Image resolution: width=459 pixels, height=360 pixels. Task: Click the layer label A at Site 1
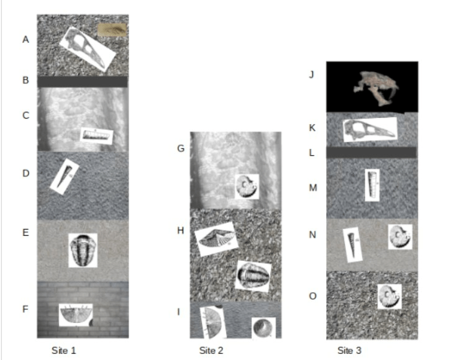pyautogui.click(x=25, y=40)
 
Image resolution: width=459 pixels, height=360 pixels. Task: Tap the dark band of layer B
pyautogui.click(x=83, y=81)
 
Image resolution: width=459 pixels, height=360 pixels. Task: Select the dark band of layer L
pyautogui.click(x=371, y=153)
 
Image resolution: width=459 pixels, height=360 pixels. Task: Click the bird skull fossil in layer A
pyautogui.click(x=88, y=49)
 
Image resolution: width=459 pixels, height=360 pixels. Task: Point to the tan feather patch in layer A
pyautogui.click(x=112, y=30)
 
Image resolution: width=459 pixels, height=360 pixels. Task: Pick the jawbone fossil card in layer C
pyautogui.click(x=97, y=136)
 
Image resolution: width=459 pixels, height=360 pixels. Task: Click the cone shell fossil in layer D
pyautogui.click(x=65, y=177)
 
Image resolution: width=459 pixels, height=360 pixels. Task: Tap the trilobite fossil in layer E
pyautogui.click(x=83, y=250)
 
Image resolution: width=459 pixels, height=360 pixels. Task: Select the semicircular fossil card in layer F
pyautogui.click(x=76, y=315)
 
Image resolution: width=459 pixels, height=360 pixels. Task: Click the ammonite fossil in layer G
pyautogui.click(x=247, y=187)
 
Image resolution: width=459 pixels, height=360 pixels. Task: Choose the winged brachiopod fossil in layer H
pyautogui.click(x=216, y=239)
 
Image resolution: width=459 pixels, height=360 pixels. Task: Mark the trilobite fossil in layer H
pyautogui.click(x=253, y=276)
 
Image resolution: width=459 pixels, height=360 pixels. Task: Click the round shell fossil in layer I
pyautogui.click(x=263, y=328)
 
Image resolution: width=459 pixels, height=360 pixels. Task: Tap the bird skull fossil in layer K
pyautogui.click(x=370, y=130)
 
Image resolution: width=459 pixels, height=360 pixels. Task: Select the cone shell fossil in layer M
pyautogui.click(x=372, y=185)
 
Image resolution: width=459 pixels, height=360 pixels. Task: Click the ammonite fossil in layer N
pyautogui.click(x=400, y=237)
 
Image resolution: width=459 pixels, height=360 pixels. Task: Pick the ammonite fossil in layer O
pyautogui.click(x=389, y=297)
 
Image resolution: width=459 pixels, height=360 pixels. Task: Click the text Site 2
pyautogui.click(x=211, y=350)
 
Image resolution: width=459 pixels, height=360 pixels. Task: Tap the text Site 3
pyautogui.click(x=350, y=350)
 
